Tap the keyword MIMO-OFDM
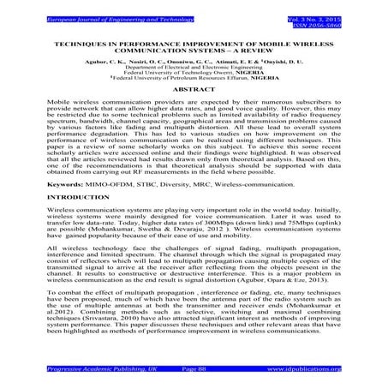[102, 183]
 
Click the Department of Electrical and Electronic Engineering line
[194, 69]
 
